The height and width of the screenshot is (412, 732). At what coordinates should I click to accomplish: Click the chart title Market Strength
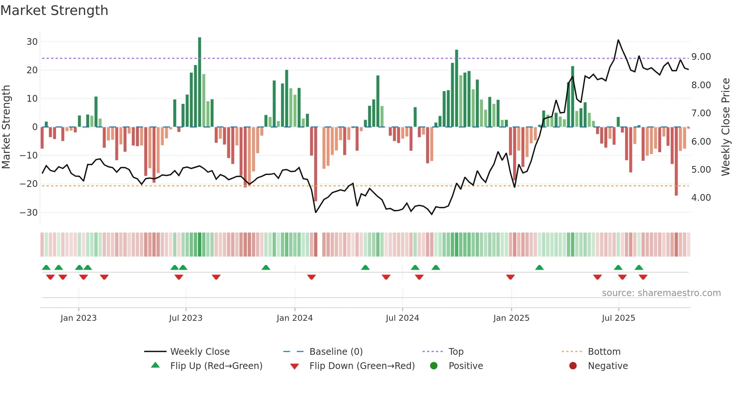point(54,10)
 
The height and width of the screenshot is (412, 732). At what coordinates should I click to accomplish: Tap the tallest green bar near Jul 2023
point(199,82)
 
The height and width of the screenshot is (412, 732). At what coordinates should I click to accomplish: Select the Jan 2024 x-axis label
point(294,318)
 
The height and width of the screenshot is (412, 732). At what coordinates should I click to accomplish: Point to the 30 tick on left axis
point(32,42)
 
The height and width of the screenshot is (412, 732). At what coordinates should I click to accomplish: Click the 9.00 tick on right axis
point(701,57)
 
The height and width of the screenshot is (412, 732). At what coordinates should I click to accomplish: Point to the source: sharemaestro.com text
point(661,293)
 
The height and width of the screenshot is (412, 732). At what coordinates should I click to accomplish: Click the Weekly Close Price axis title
point(725,127)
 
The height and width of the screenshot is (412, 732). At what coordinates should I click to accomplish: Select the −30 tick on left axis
point(29,213)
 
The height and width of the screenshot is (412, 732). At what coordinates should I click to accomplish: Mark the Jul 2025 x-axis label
point(618,318)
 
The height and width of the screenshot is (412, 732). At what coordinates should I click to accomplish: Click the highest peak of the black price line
point(618,40)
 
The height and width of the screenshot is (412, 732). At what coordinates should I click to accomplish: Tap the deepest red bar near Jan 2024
point(316,165)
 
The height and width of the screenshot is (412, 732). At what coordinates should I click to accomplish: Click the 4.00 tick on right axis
point(701,198)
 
